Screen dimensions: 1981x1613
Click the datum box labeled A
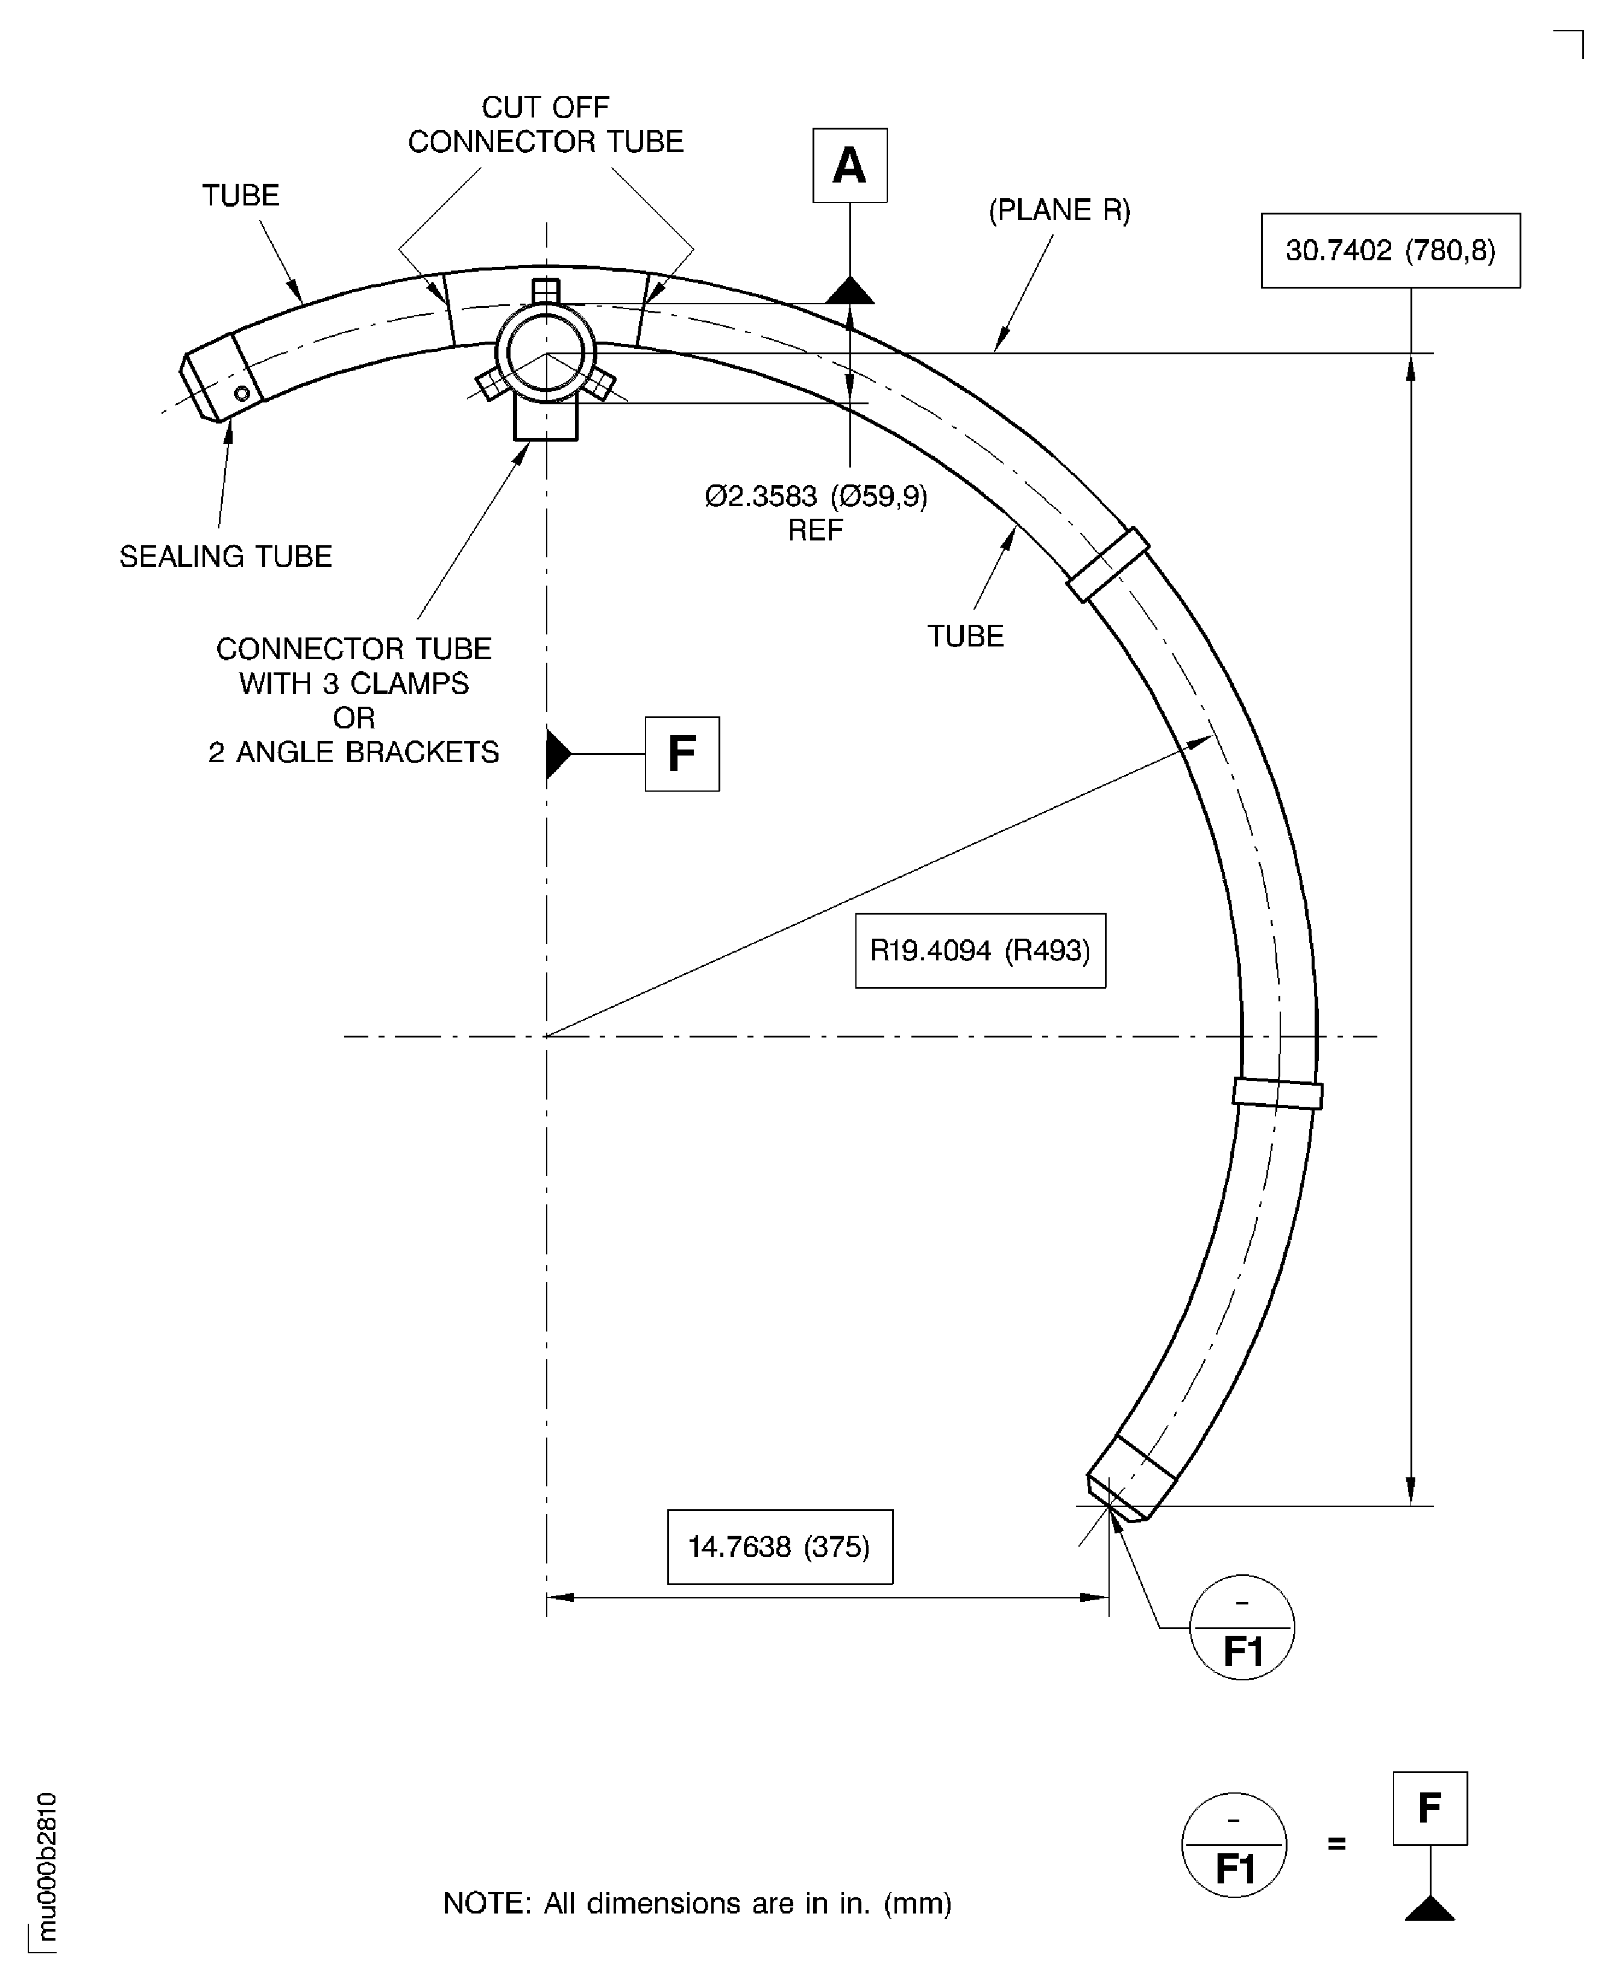(849, 165)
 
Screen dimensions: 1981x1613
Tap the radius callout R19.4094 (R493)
(979, 950)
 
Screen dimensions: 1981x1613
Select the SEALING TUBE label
(226, 556)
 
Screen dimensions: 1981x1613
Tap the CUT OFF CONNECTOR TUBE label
(546, 125)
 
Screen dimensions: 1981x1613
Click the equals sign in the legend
(1336, 1844)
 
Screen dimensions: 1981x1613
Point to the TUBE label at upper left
(241, 195)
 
